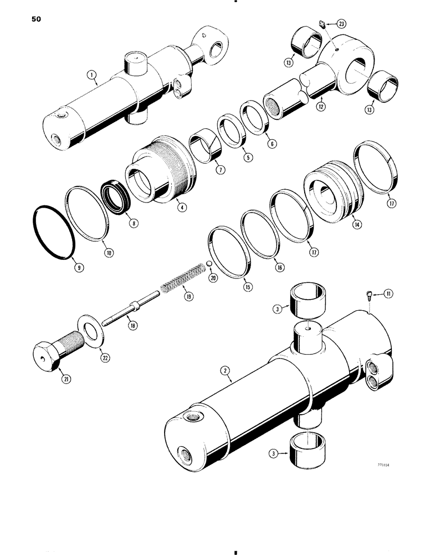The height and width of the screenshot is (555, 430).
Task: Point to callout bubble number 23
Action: [x=341, y=24]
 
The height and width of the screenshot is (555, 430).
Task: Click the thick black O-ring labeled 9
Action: [x=52, y=233]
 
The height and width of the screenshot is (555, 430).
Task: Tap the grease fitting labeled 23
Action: [x=322, y=23]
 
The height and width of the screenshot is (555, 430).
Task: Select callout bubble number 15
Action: [x=247, y=287]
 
